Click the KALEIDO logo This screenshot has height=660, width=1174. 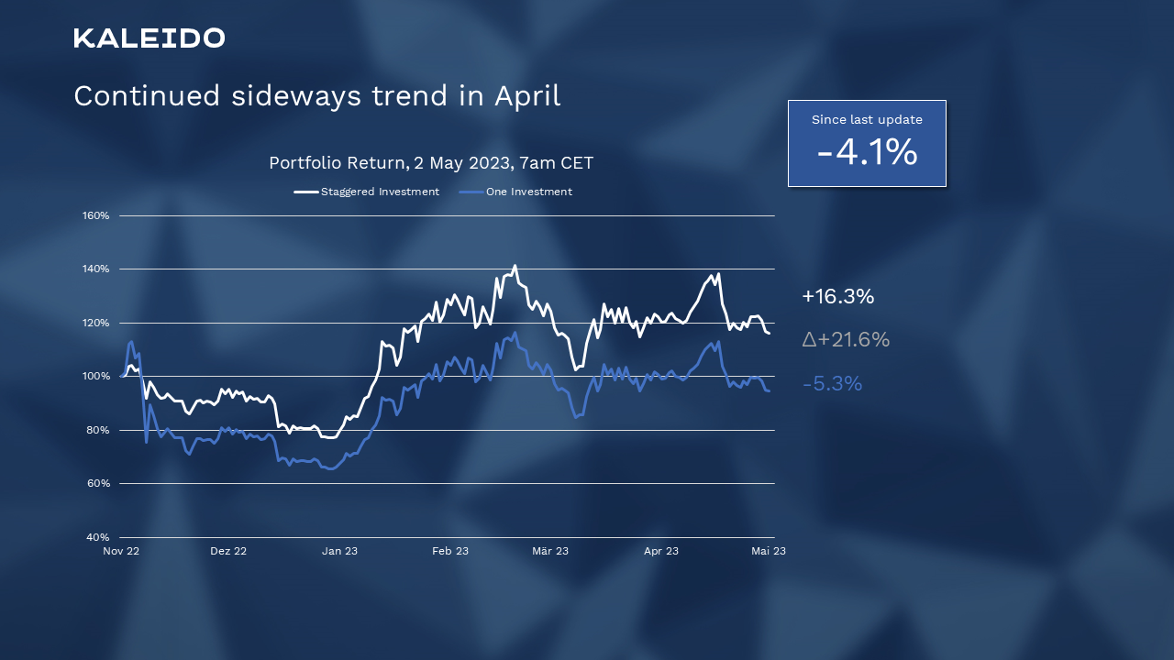(x=150, y=38)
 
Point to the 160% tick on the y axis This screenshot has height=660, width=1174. (x=96, y=216)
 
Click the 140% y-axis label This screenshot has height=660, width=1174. (x=96, y=269)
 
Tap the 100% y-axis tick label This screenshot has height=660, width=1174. (x=96, y=377)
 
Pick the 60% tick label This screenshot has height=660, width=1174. (x=98, y=484)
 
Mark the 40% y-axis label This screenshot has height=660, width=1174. (x=98, y=537)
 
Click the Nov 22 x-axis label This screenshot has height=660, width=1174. (x=121, y=551)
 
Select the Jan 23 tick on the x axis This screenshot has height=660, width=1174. (x=339, y=551)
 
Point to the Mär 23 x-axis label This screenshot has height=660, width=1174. (x=550, y=551)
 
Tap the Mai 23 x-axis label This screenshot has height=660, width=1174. (x=768, y=551)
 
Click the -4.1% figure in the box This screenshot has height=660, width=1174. (x=867, y=152)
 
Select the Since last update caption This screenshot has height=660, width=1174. (x=867, y=120)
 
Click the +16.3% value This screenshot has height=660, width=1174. (x=837, y=297)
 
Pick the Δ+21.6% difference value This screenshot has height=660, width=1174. (x=846, y=340)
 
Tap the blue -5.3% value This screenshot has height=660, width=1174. (x=832, y=384)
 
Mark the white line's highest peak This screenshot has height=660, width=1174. (x=515, y=266)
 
